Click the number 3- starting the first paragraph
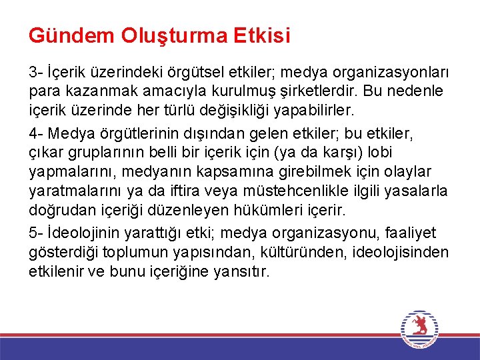35,70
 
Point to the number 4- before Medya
35,135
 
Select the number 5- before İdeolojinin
35,233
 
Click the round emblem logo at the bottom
420,329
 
